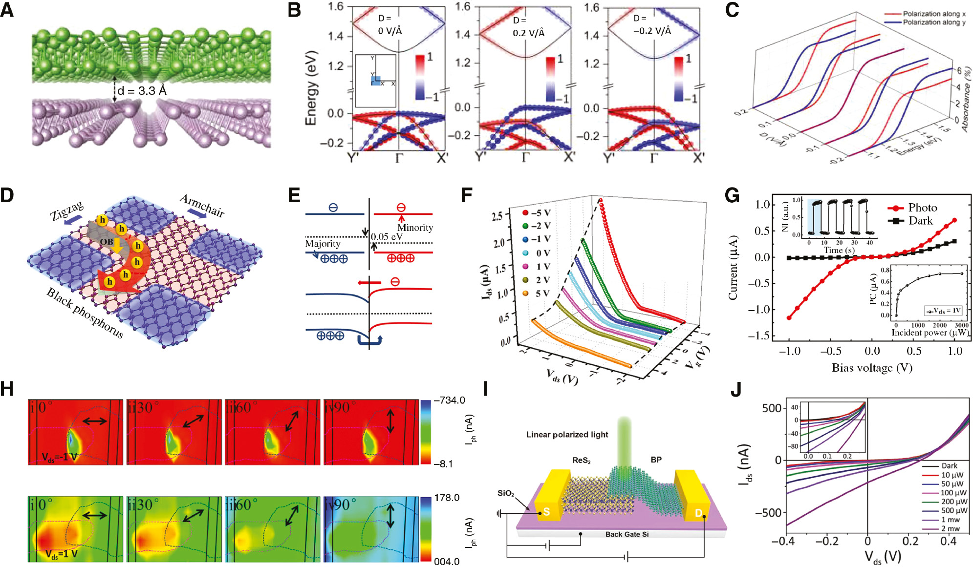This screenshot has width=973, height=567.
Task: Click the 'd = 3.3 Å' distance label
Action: (x=142, y=91)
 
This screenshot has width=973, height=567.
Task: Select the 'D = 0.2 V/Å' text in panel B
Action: (x=528, y=27)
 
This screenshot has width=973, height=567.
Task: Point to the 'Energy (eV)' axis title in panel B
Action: (x=311, y=88)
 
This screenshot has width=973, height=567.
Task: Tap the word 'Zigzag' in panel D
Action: (x=67, y=211)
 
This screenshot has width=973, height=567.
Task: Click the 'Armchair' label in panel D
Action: (x=202, y=205)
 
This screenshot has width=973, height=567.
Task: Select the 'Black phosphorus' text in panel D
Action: (x=85, y=313)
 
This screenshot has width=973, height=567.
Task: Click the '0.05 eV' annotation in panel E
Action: (x=387, y=237)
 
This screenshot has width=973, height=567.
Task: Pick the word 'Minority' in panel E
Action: (x=415, y=228)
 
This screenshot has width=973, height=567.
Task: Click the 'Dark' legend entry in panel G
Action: (x=920, y=221)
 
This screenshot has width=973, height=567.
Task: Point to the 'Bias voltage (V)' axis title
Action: (x=872, y=368)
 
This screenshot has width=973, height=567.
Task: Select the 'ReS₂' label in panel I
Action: (x=581, y=461)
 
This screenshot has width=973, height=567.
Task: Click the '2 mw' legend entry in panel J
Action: (x=950, y=528)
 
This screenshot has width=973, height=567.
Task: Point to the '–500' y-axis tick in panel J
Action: (x=769, y=512)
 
